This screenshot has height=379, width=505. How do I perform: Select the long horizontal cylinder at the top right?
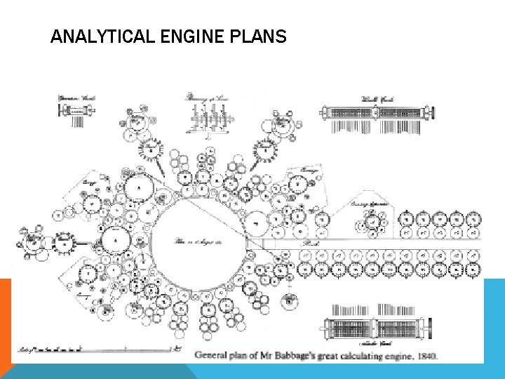click(377, 112)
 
